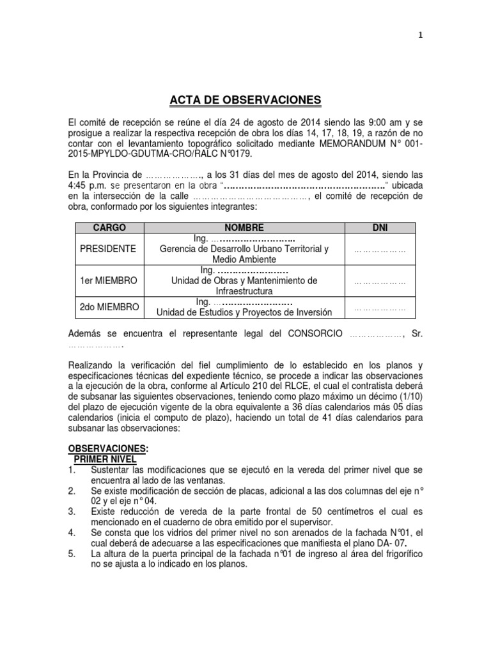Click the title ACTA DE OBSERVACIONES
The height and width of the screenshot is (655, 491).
point(245,100)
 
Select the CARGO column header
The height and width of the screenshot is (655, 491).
point(109,228)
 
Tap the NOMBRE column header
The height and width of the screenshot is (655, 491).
point(244,228)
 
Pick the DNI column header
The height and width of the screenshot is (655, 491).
point(380,228)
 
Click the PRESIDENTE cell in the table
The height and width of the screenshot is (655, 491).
point(108,249)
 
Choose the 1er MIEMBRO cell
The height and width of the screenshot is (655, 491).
point(109,280)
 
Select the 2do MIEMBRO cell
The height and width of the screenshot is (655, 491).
point(109,307)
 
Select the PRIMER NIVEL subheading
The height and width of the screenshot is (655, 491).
point(105,459)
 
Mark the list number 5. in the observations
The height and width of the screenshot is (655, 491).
point(72,554)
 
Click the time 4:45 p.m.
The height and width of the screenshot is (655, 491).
point(83,186)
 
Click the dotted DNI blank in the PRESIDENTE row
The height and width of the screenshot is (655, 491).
point(380,249)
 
